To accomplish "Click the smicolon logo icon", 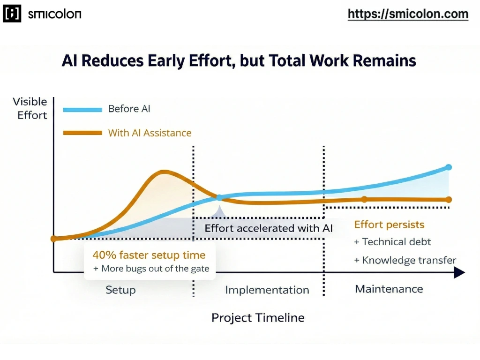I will click(x=12, y=14).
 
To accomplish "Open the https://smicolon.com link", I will click(x=408, y=14).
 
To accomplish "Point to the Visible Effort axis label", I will click(x=30, y=108).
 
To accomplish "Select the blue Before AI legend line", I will click(x=82, y=109).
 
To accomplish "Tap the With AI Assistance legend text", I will click(x=150, y=133).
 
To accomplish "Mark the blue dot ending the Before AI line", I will click(x=449, y=167).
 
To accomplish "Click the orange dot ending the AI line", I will click(x=449, y=200).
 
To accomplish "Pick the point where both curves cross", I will click(x=219, y=198).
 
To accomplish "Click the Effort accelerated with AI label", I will click(x=269, y=229).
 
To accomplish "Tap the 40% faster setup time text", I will click(x=149, y=255).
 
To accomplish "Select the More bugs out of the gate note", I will click(x=151, y=269).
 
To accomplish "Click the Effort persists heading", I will click(x=389, y=225).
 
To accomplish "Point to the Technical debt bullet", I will click(x=393, y=242).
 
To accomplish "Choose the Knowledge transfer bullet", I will click(x=405, y=261).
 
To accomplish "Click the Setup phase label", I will click(x=121, y=289).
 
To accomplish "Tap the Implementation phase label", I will click(x=267, y=290).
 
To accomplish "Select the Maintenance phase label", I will click(x=389, y=289).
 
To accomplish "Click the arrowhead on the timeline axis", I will click(x=460, y=272).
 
